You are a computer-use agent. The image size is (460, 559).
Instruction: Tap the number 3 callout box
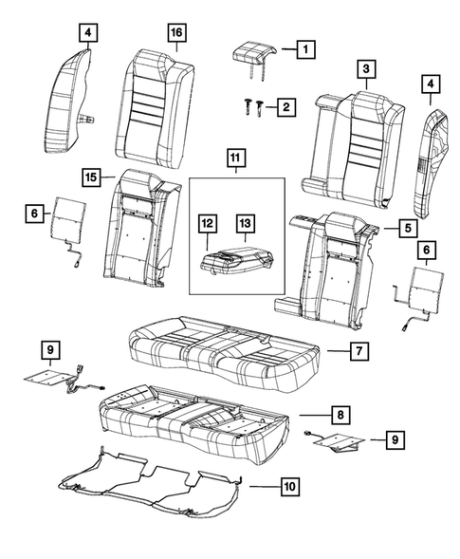[363, 67]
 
